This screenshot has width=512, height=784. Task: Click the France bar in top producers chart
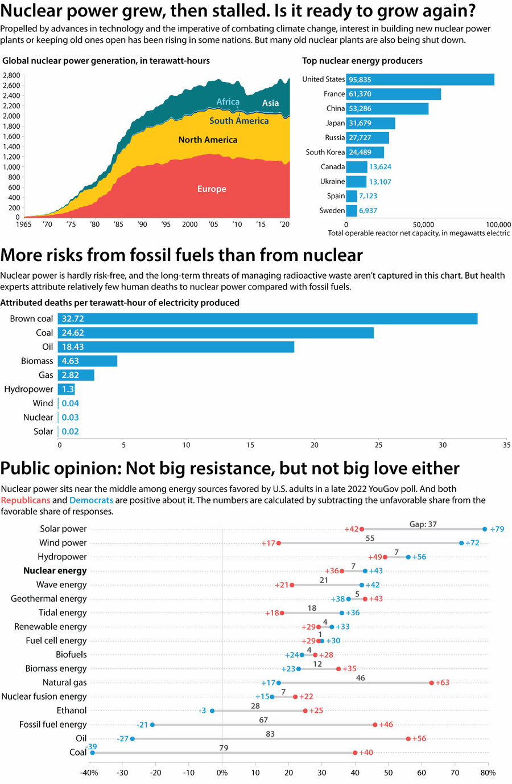coord(393,94)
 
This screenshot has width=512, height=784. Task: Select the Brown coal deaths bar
coord(267,318)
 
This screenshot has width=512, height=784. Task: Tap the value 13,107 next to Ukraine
coord(380,182)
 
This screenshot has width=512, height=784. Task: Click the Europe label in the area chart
coord(212,189)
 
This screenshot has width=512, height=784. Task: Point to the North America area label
coord(208,140)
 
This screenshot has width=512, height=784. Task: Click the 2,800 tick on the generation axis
coord(11,75)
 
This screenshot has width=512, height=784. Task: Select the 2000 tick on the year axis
coord(190,224)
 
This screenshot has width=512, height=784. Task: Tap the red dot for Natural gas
coord(431,683)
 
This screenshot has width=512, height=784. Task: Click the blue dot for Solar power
coord(485,529)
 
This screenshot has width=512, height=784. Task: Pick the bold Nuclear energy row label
coord(55,570)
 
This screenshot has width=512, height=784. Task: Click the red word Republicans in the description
coord(26,500)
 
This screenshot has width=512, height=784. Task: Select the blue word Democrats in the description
coord(91,500)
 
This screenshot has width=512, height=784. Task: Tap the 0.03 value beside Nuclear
coord(71,418)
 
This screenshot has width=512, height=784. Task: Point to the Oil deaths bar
coord(176,346)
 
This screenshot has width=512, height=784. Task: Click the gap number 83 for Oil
coord(270,734)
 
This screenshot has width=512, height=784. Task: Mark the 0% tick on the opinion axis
coord(222,773)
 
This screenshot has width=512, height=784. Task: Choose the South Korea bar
coord(365,152)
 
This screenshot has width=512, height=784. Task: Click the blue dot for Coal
coord(92,753)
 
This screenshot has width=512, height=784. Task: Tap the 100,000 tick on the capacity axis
coord(498,224)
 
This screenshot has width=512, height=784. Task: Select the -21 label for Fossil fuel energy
coord(142,725)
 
